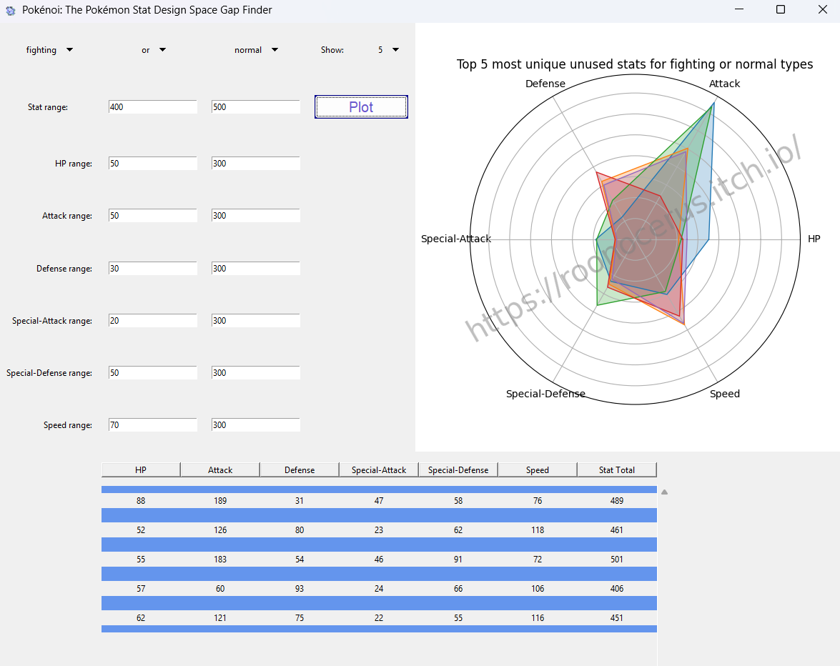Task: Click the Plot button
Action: [x=361, y=107]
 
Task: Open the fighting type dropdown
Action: [x=49, y=50]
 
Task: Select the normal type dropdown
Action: [x=256, y=50]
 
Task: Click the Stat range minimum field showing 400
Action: [x=152, y=107]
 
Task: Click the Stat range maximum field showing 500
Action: [x=255, y=107]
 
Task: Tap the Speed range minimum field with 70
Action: [x=152, y=425]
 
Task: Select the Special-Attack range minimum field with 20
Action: [x=152, y=321]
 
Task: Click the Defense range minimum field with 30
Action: [x=152, y=269]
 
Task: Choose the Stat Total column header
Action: [x=616, y=469]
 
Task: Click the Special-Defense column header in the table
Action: [x=458, y=469]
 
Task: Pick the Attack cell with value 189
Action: [x=220, y=501]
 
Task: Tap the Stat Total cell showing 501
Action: [x=616, y=560]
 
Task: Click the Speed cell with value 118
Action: [x=537, y=530]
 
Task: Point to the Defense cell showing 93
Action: [x=300, y=589]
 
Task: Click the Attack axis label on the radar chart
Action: [x=724, y=84]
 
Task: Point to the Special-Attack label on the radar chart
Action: [x=456, y=239]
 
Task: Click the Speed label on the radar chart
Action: [x=724, y=394]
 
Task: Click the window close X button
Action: [x=820, y=10]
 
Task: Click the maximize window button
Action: [x=781, y=10]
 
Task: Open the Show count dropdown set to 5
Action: [x=388, y=50]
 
